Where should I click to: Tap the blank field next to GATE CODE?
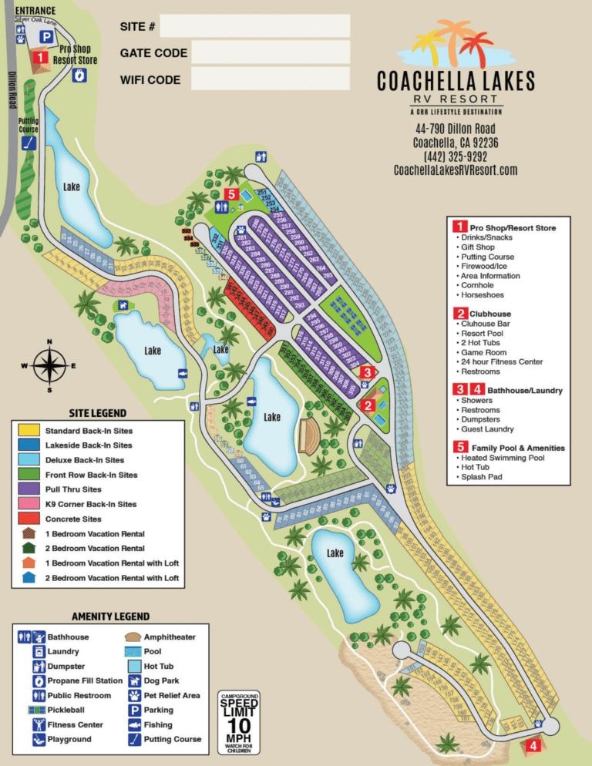click(x=270, y=52)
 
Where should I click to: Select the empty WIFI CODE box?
click(x=270, y=79)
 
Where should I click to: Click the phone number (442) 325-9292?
click(x=455, y=156)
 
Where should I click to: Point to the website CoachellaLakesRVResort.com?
click(x=455, y=170)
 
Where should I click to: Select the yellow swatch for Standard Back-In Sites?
click(x=29, y=430)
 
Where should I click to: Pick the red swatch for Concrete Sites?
click(x=29, y=519)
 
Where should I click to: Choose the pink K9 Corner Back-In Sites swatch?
click(x=29, y=504)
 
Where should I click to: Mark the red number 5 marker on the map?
click(x=230, y=193)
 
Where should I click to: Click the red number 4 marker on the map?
click(x=533, y=745)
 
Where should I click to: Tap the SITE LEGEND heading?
click(x=98, y=413)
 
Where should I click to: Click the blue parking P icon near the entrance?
click(x=47, y=36)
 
